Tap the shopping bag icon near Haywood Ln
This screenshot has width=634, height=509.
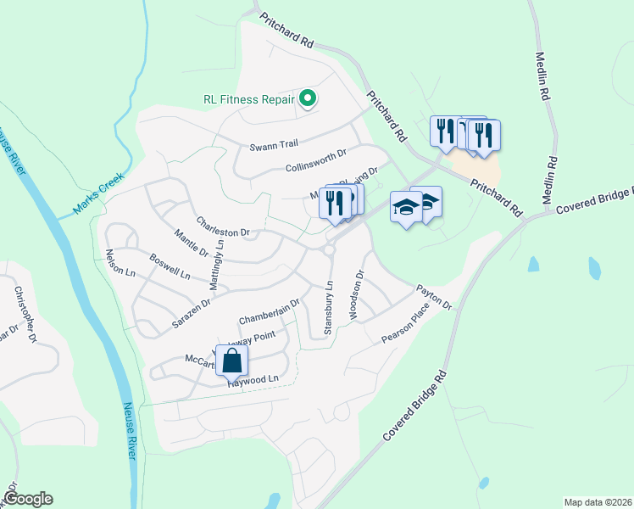[231, 361]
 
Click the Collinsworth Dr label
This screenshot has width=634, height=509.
[317, 161]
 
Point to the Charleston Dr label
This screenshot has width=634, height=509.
[223, 227]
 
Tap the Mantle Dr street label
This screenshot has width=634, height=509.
[191, 243]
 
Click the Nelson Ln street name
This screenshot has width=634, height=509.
[120, 264]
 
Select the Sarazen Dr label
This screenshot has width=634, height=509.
[191, 303]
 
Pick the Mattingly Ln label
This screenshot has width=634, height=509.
[217, 266]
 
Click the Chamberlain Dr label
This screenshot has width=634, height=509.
[270, 311]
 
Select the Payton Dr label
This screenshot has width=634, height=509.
[434, 297]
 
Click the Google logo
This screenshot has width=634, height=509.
[28, 499]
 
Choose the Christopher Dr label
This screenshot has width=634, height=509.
[25, 314]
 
